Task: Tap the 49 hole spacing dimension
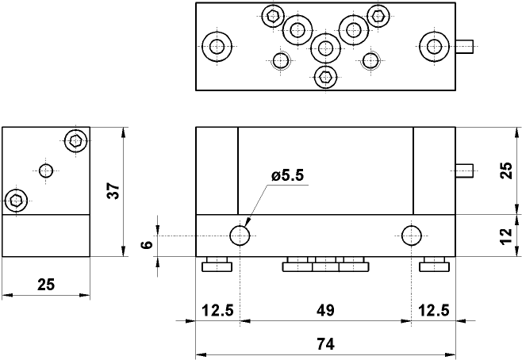point(324,310)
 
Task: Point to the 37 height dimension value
point(113,191)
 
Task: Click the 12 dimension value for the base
point(506,236)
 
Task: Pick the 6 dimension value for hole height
point(146,245)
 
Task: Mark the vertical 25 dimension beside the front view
point(506,170)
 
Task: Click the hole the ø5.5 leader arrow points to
point(240,235)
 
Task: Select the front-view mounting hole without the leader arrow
point(411,235)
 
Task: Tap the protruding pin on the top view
point(464,47)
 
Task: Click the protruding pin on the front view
point(464,170)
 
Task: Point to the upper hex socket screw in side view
point(75,141)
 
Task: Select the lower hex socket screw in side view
point(16,200)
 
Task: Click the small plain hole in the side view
point(46,170)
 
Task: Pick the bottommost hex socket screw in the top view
point(324,77)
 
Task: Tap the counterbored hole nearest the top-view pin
point(433,47)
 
